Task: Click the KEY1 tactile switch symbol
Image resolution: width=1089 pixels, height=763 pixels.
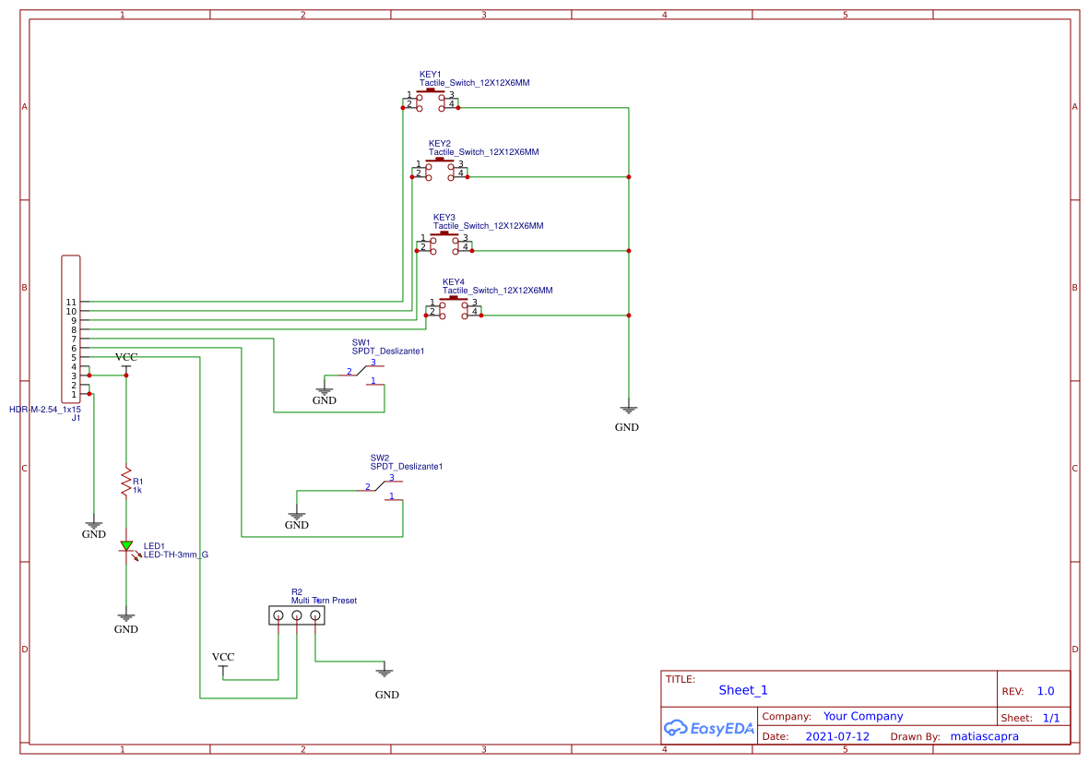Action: click(x=431, y=101)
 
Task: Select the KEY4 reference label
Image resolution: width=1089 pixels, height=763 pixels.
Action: click(x=453, y=281)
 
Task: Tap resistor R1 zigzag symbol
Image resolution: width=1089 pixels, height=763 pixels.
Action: click(x=126, y=483)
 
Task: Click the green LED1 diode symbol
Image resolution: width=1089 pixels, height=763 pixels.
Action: click(x=126, y=546)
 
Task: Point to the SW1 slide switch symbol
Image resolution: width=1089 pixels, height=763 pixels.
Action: click(x=364, y=374)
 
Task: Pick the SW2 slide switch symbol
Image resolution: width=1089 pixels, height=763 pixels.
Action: click(x=383, y=489)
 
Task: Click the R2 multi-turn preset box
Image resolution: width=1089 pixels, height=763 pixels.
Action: click(x=297, y=614)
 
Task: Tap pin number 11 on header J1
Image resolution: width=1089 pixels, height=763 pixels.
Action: click(x=71, y=302)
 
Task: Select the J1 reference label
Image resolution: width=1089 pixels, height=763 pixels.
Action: click(x=77, y=418)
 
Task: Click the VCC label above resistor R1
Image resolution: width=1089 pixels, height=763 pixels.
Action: click(x=126, y=357)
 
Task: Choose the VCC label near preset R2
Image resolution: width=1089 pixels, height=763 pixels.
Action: click(x=223, y=657)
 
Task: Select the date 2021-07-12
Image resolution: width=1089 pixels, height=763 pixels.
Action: click(x=837, y=737)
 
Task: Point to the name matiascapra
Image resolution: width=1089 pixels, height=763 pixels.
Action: click(x=984, y=737)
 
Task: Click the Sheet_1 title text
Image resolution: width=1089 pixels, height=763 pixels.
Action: click(x=742, y=690)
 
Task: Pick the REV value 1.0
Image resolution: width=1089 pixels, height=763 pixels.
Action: click(x=1045, y=691)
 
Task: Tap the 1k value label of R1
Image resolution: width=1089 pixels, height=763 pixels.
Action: click(x=137, y=491)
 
